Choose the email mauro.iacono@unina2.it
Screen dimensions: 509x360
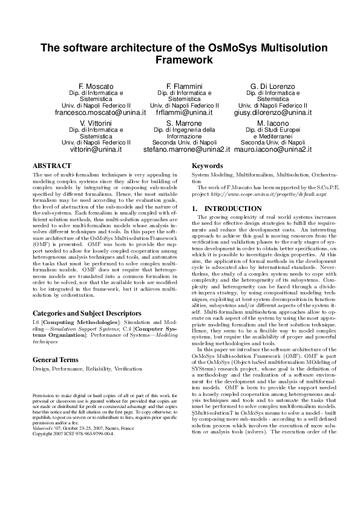pos(272,149)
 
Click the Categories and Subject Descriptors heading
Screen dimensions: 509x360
pos(88,297)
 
